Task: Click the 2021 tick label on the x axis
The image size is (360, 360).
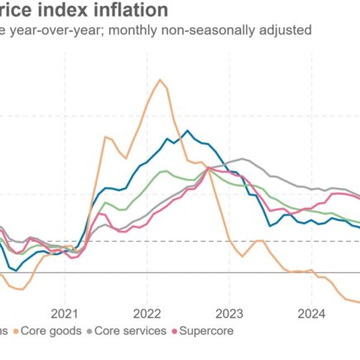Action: [x=65, y=313]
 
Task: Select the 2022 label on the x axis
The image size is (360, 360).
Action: [x=146, y=313]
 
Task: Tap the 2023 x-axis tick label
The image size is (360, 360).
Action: [x=229, y=313]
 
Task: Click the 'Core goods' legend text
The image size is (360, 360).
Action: [x=50, y=331]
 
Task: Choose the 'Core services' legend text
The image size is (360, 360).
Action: [x=127, y=331]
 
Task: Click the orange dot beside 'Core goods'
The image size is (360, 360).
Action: [x=17, y=331]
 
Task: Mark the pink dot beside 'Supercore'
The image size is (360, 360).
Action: [x=175, y=331]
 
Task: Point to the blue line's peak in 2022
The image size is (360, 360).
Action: [x=188, y=131]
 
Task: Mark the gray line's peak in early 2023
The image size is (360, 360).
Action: [x=242, y=159]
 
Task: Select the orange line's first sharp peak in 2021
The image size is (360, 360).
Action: [x=105, y=137]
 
